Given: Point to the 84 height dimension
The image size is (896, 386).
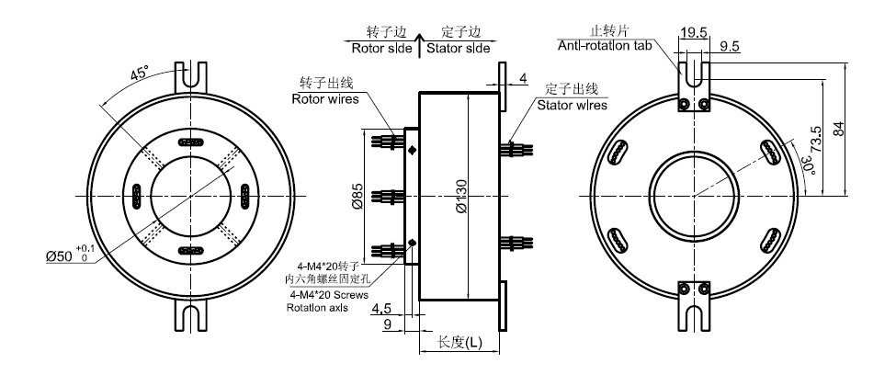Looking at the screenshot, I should (836, 129).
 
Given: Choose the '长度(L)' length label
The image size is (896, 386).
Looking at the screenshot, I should (459, 342).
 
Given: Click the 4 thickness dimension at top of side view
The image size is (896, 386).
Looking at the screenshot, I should (522, 80).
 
